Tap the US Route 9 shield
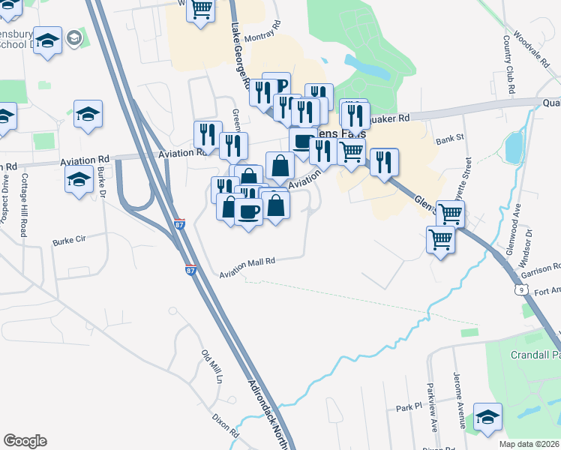point(519,288)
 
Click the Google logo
point(24,441)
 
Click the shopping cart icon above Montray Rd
point(200,10)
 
